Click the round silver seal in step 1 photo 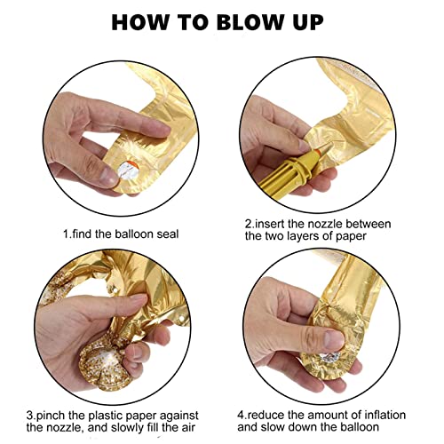(129, 170)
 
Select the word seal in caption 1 (168, 234)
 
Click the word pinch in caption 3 (51, 416)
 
